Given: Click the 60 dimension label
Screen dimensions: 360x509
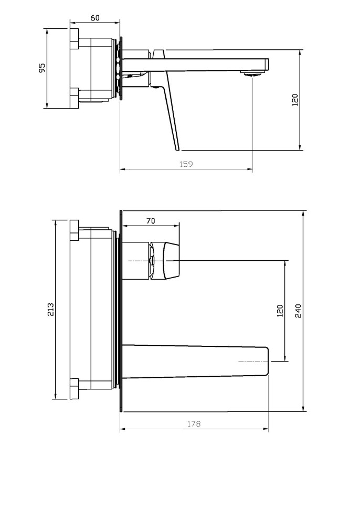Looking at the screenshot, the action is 95,18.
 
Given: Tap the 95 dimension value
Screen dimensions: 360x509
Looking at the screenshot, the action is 42,68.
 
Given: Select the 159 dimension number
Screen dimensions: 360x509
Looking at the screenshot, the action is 186,164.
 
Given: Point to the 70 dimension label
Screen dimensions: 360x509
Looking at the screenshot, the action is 151,221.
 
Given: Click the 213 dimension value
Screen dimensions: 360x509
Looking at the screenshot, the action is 50,310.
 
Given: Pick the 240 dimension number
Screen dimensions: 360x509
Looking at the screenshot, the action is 298,311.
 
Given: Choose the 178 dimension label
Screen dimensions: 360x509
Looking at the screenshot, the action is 194,423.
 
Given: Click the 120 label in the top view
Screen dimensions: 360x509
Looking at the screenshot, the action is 295,100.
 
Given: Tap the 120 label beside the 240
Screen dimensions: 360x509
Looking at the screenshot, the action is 280,311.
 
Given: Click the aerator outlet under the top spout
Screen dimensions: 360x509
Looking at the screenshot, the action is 252,73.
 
